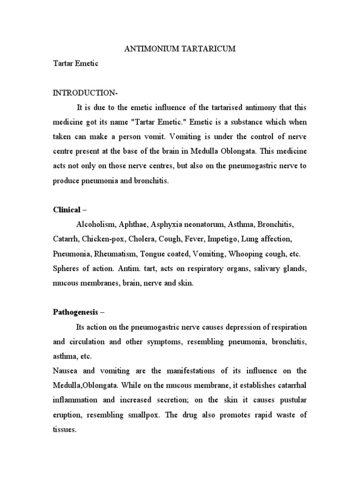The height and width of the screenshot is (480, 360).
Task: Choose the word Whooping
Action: click(x=259, y=255)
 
